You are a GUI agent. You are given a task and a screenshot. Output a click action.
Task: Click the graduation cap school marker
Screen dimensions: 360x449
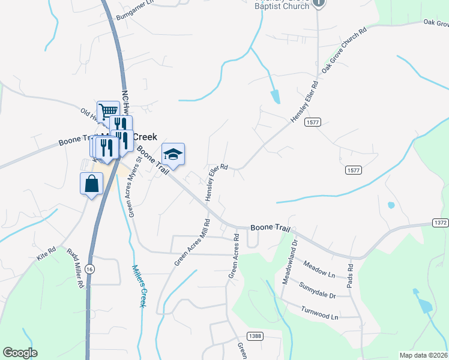click(173, 155)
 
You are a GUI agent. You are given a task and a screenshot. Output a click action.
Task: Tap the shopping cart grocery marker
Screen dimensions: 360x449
click(107, 112)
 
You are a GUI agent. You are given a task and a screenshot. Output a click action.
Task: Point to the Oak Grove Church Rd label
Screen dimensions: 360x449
click(344, 50)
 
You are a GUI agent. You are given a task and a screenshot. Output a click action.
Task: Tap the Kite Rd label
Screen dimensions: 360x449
click(46, 253)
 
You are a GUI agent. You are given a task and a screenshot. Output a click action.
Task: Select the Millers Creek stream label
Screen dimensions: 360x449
click(139, 287)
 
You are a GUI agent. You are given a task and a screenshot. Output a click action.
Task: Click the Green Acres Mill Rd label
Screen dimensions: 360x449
click(193, 242)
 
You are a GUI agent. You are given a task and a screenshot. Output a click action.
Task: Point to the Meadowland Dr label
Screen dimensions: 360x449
click(290, 263)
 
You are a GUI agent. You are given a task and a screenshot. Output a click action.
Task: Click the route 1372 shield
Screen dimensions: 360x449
click(440, 223)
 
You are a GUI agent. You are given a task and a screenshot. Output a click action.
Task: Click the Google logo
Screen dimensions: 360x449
click(20, 353)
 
